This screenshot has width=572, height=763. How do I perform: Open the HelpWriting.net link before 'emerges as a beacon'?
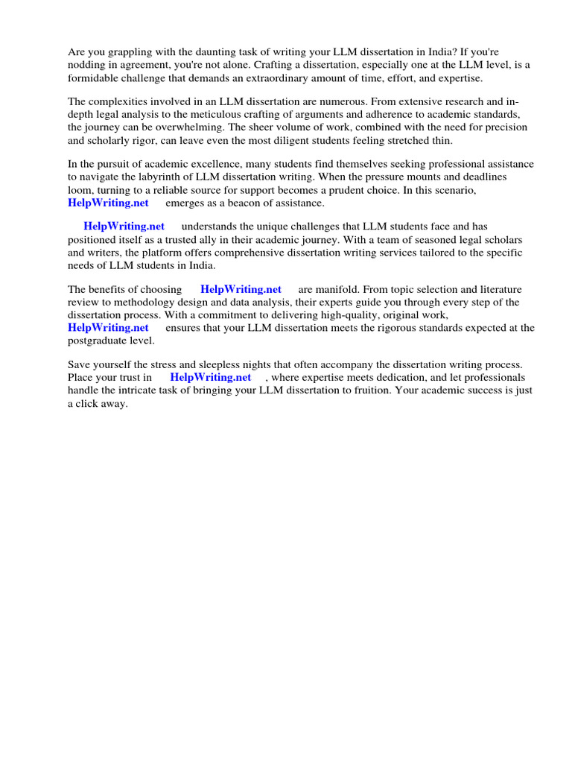pos(108,202)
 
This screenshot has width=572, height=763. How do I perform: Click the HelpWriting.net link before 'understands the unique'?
pos(124,226)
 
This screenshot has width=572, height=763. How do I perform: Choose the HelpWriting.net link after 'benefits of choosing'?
pos(241,289)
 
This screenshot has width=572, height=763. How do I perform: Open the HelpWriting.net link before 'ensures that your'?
pos(108,327)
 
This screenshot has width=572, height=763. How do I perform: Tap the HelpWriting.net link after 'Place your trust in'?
pos(211,377)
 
